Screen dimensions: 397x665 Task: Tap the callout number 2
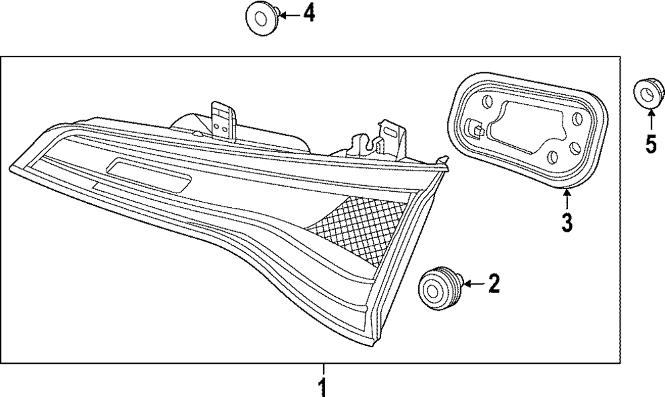tap(493, 285)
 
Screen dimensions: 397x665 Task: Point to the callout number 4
tap(310, 13)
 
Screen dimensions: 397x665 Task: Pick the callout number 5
tap(651, 143)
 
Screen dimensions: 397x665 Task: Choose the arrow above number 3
tap(567, 197)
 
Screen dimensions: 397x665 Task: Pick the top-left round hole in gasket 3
tap(487, 101)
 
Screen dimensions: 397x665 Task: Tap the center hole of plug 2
tap(432, 289)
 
